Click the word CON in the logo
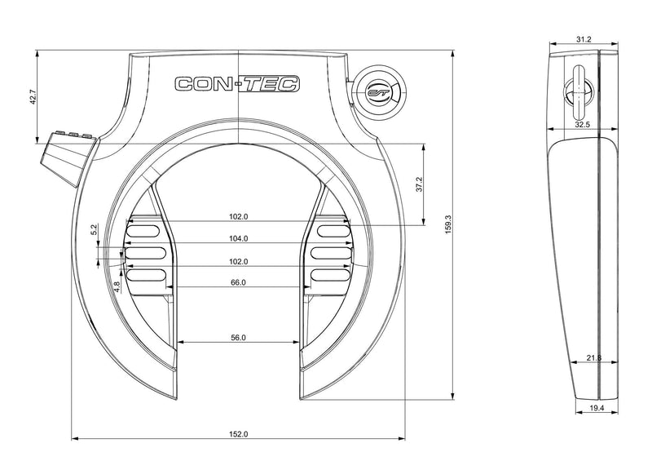[x=200, y=83]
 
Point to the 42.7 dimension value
[x=33, y=96]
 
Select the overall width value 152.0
[x=237, y=434]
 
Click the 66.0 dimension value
[x=237, y=282]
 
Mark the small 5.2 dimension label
[x=95, y=231]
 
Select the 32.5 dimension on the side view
[x=583, y=126]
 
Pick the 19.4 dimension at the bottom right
[x=596, y=407]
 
